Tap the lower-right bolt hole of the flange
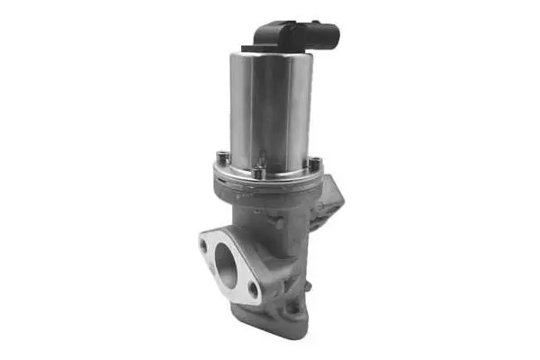coord(254,290)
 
